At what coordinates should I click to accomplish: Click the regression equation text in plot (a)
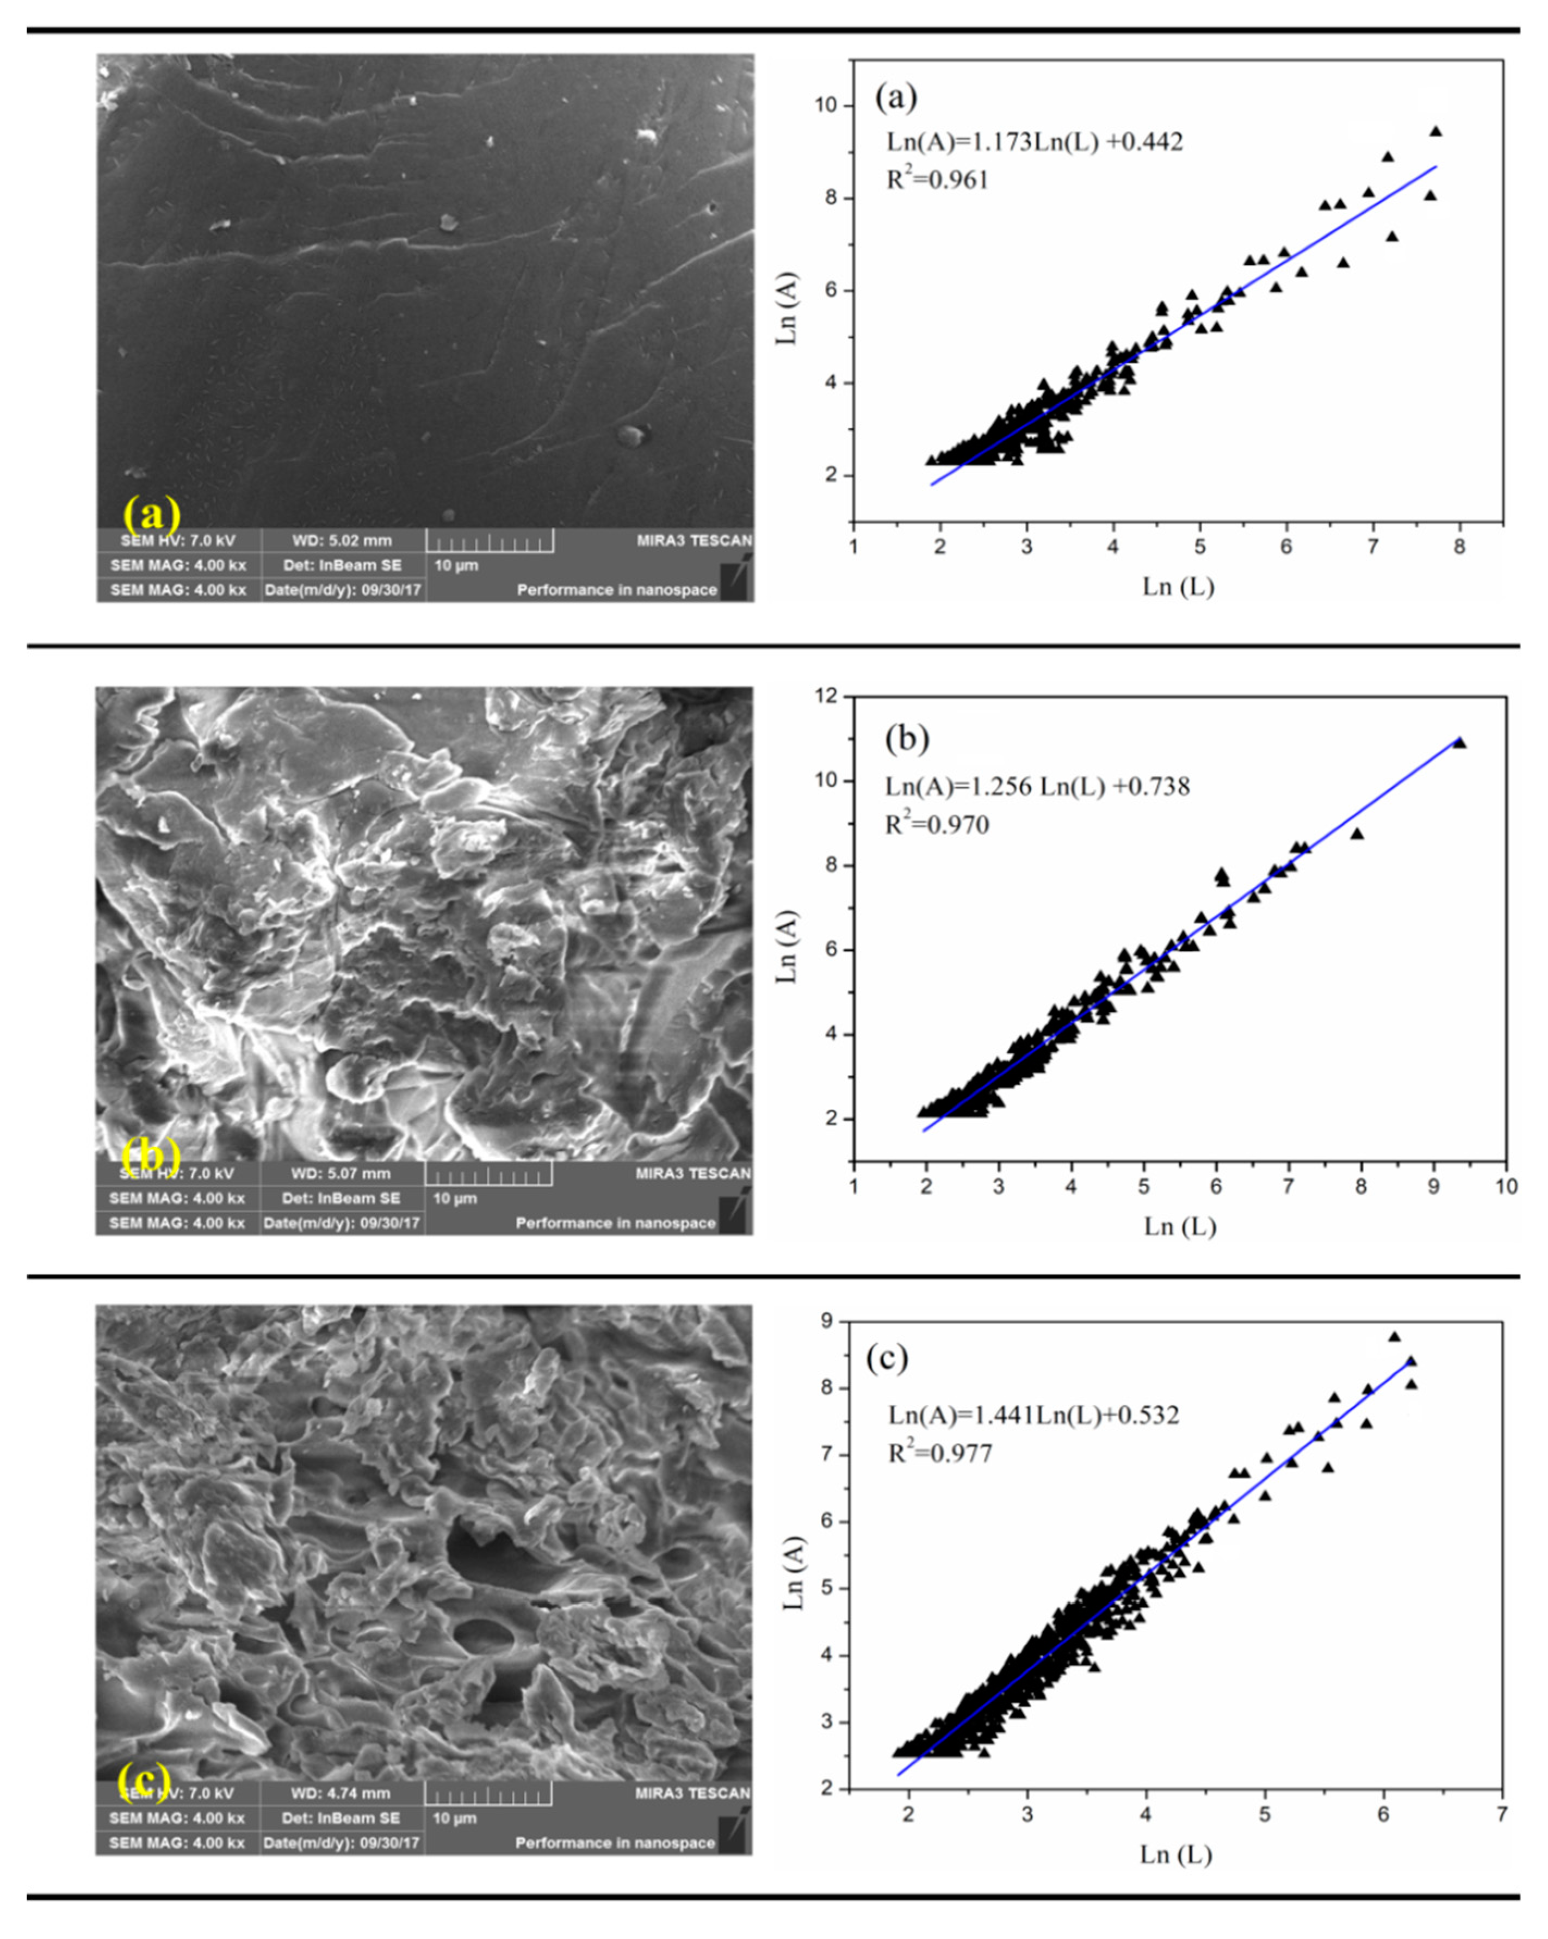pyautogui.click(x=1034, y=142)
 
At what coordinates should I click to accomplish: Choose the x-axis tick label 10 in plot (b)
pyautogui.click(x=1506, y=1186)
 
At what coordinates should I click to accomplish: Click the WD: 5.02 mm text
pyautogui.click(x=342, y=540)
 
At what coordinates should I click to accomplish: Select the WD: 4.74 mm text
pyautogui.click(x=340, y=1793)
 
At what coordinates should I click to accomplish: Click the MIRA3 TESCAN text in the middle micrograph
pyautogui.click(x=692, y=1173)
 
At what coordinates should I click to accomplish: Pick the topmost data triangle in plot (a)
pyautogui.click(x=1435, y=131)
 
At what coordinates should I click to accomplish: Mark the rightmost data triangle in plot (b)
pyautogui.click(x=1459, y=743)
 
